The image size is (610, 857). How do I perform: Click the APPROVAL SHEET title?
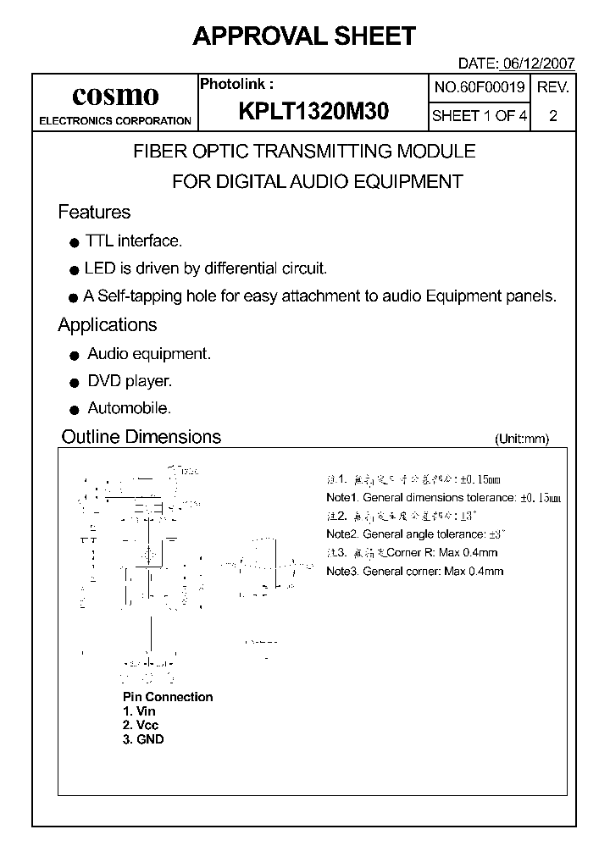(x=304, y=36)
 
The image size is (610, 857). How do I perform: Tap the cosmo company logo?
(x=115, y=94)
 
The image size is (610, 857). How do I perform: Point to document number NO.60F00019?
(x=480, y=87)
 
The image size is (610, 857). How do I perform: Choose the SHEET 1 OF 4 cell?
(x=480, y=116)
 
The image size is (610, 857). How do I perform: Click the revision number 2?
(x=553, y=116)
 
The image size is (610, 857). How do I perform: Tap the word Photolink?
(x=235, y=84)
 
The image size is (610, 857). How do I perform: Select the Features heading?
(x=94, y=212)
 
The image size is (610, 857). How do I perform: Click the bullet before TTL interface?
(x=74, y=243)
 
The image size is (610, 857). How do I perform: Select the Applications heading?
(x=108, y=324)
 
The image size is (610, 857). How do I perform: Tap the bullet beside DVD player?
(x=74, y=383)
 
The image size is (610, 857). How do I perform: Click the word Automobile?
(x=129, y=408)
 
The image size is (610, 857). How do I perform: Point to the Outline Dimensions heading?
(x=141, y=437)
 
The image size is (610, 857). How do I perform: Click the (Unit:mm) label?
(x=521, y=439)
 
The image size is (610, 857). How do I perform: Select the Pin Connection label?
(x=168, y=697)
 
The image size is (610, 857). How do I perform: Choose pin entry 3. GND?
(x=143, y=739)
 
